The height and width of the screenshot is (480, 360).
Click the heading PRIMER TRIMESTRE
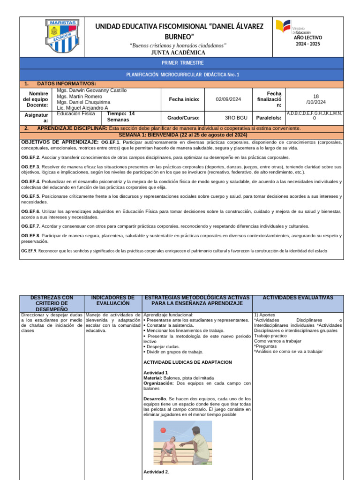coord(182,63)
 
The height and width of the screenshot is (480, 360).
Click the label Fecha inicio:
coord(184,99)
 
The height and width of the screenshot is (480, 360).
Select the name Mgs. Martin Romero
coord(79,96)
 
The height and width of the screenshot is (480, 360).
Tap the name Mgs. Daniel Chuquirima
coord(83,102)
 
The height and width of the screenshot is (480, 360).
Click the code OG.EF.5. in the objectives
coord(31,196)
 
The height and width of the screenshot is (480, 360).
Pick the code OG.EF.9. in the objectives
coord(29,251)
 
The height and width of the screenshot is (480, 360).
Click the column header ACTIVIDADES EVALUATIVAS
coord(298,298)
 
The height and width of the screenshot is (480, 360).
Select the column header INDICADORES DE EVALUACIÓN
coord(112,300)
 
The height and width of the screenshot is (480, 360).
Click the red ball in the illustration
coord(163,430)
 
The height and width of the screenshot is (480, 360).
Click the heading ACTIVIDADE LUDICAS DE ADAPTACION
coord(187,362)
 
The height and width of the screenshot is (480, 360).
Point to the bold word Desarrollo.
coord(155,399)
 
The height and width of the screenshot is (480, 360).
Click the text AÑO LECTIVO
coord(308,37)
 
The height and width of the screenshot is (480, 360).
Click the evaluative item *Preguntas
coord(265,346)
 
